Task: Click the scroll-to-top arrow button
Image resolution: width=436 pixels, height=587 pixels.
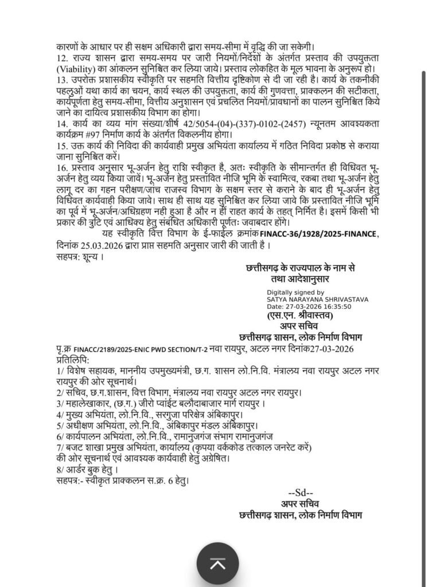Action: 217,565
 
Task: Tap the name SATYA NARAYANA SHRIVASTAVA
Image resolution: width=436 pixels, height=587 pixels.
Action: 317,299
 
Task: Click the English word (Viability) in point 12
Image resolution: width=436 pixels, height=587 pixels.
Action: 76,69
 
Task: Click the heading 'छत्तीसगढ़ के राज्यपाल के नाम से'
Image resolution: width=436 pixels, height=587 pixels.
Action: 300,268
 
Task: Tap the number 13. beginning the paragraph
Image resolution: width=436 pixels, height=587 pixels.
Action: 63,79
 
